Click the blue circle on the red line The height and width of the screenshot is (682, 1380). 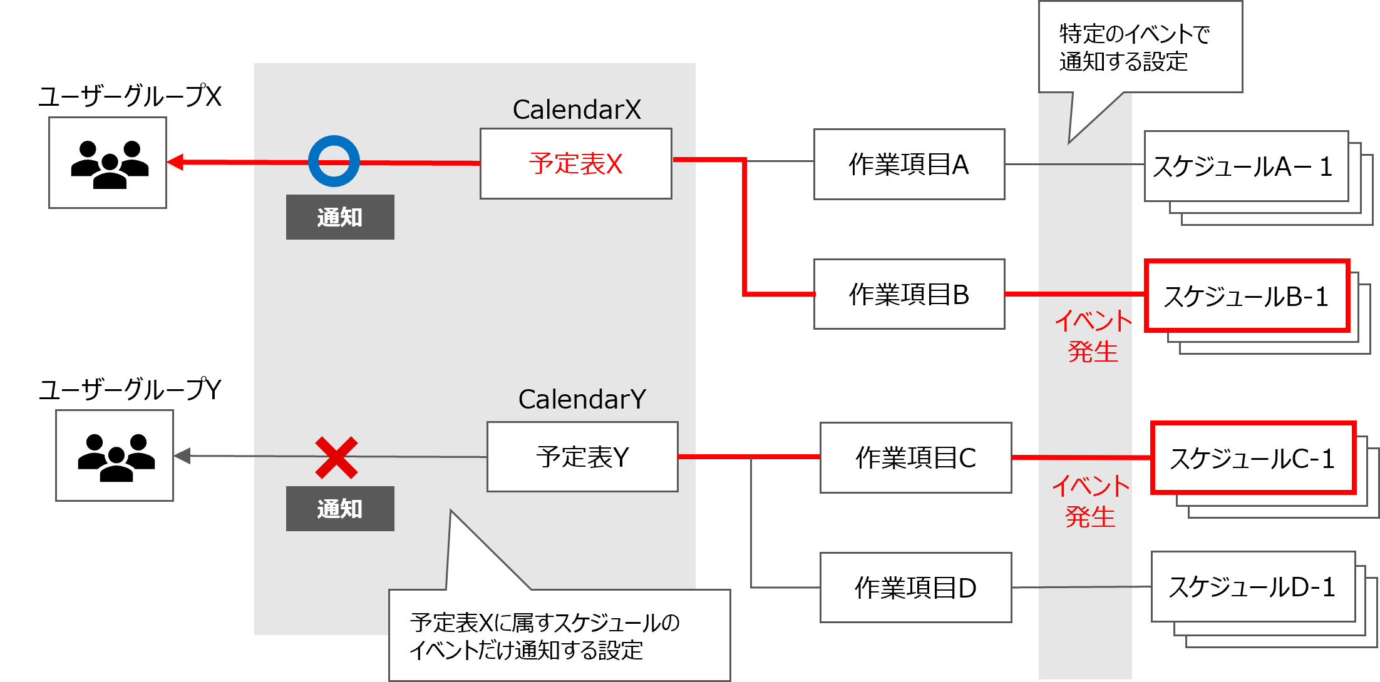pos(334,161)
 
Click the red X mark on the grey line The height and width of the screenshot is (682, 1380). pos(336,457)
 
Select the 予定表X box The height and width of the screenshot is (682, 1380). pos(575,164)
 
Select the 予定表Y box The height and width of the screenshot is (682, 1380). pos(582,457)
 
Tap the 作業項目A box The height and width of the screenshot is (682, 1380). pos(909,165)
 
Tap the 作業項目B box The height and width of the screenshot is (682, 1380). pos(909,294)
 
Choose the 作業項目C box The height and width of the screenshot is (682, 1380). pos(915,458)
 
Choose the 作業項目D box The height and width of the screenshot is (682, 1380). pos(915,588)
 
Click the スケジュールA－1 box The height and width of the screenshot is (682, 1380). pos(1245,166)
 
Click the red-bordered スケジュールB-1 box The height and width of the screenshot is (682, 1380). pos(1246,296)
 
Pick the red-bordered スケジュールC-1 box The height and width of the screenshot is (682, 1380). pos(1252,459)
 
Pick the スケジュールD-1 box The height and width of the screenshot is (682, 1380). pos(1252,587)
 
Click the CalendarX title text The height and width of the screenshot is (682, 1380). pos(577,109)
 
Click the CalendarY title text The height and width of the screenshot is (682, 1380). pos(582,399)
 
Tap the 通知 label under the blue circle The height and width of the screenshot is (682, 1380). pos(340,217)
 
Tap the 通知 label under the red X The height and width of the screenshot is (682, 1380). pos(340,509)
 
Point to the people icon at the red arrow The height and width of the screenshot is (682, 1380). pos(108,163)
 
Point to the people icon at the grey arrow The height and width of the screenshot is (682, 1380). pos(114,456)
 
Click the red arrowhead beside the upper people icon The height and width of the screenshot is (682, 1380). pos(176,162)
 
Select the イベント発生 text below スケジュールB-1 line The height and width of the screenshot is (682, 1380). pos(1093,337)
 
